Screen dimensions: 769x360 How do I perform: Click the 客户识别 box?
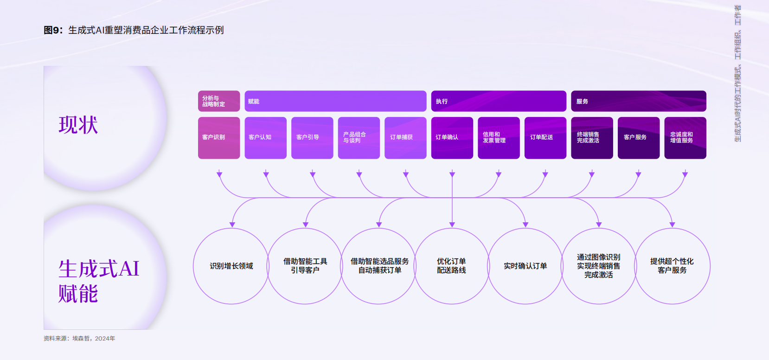coord(219,138)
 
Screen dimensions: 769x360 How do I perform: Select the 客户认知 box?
coord(265,138)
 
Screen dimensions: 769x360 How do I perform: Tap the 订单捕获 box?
coord(405,138)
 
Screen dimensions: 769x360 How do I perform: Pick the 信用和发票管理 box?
coord(499,138)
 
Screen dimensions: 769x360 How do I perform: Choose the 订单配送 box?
coord(545,138)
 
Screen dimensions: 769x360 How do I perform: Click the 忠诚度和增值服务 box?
coord(685,138)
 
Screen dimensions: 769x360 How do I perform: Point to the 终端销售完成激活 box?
coord(592,138)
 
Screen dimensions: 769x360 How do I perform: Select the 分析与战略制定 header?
coord(219,101)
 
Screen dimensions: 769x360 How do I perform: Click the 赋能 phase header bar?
coord(335,101)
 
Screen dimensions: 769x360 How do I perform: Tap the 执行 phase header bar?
coord(499,101)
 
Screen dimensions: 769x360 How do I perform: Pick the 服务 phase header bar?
coord(639,101)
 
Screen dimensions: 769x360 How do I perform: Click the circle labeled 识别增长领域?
coord(231,228)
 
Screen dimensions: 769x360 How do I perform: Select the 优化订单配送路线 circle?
coord(452,228)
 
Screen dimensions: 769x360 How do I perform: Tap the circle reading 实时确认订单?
coord(525,228)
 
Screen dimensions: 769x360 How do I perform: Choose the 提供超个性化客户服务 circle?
coord(672,228)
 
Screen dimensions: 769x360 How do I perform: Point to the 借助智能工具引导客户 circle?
coord(305,228)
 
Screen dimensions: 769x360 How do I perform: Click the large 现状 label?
coord(78,125)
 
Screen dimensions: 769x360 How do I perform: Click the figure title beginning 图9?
coord(134,30)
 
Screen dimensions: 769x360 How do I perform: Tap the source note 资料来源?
coord(79,338)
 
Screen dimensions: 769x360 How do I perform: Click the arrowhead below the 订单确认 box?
coord(452,174)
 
